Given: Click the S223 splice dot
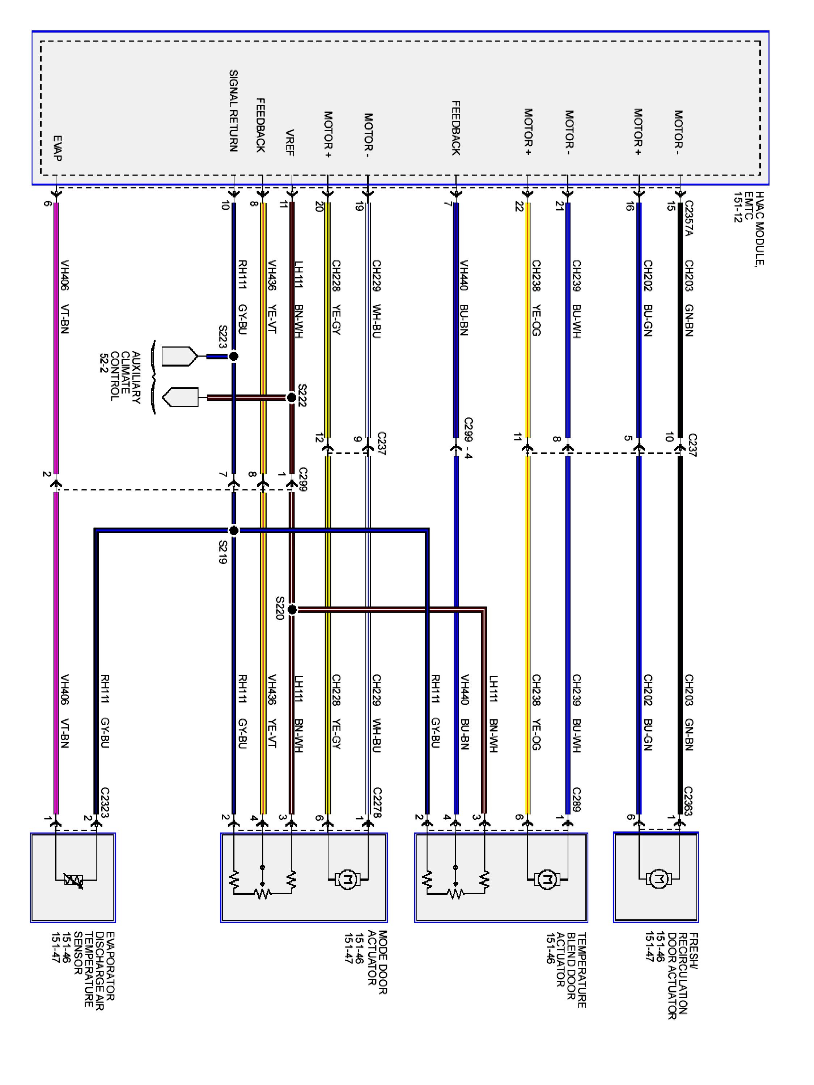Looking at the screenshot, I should pos(234,356).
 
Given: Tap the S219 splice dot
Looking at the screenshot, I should pos(234,530).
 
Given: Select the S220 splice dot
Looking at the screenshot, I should pos(292,610).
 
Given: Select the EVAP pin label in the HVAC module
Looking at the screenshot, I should pos(57,148).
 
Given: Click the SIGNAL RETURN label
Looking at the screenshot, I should pos(234,111).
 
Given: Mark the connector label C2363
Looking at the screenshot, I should pos(688,801).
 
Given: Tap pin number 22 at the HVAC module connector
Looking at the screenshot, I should pos(519,207).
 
